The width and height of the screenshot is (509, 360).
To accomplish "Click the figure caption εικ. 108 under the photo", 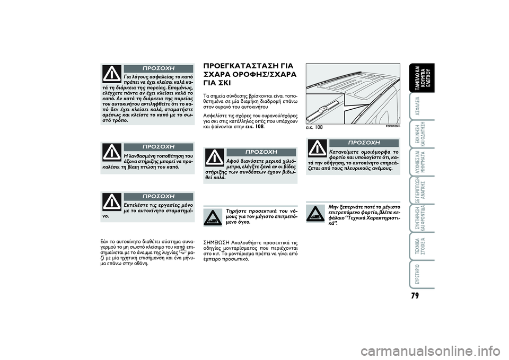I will click(314, 127).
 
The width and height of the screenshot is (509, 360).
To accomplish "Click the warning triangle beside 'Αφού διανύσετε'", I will click(215, 157).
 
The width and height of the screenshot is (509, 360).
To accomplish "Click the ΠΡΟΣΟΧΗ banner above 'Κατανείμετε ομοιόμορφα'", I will click(364, 143).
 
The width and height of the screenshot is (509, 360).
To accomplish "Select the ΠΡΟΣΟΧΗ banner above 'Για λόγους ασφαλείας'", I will click(158, 68).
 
